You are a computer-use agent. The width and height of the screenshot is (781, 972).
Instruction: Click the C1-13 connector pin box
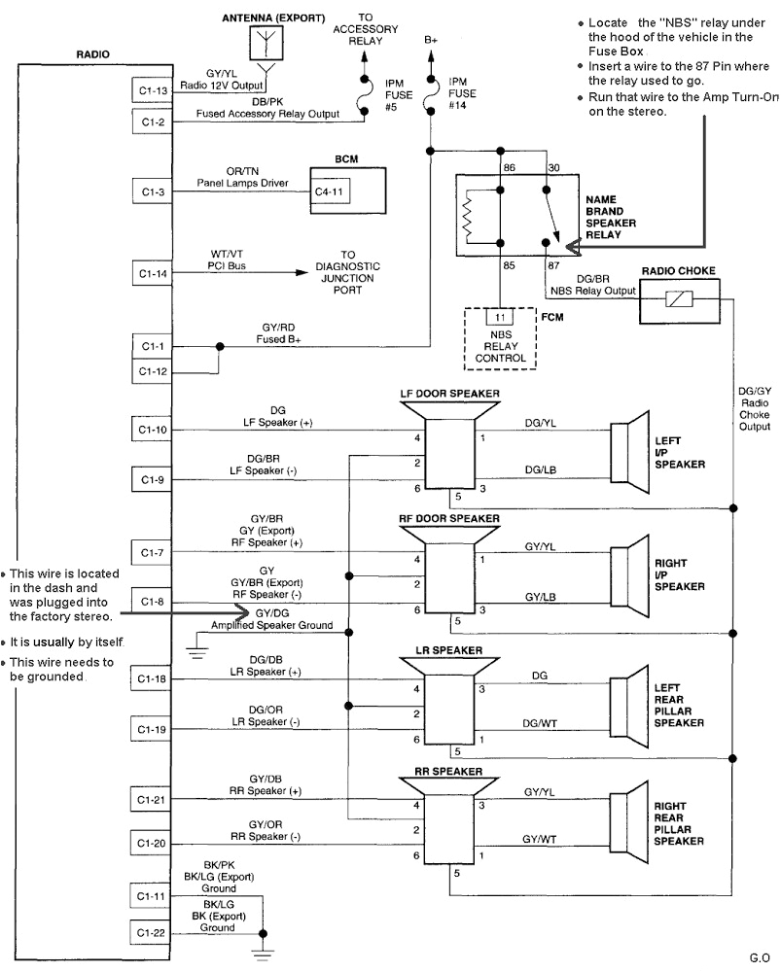point(150,89)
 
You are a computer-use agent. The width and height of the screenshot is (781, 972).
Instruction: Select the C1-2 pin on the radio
point(150,122)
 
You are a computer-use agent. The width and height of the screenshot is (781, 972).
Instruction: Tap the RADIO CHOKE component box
point(678,302)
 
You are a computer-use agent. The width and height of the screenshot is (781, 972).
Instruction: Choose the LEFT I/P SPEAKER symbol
point(632,451)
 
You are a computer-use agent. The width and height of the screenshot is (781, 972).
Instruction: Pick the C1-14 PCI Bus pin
point(150,274)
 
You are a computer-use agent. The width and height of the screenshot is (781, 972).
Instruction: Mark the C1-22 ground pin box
point(150,932)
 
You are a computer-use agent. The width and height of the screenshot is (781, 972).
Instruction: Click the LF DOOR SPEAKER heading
point(449,394)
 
